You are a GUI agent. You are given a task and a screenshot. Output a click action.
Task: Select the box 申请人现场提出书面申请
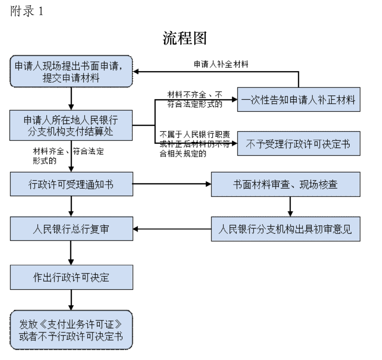[71, 72]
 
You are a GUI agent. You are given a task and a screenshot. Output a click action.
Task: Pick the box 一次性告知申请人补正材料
[299, 99]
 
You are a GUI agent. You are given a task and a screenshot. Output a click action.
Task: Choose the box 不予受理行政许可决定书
[299, 143]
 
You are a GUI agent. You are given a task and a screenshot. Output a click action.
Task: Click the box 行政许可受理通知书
[71, 184]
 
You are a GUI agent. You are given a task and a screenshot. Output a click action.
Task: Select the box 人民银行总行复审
[71, 229]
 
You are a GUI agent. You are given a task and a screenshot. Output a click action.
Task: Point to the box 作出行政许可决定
[71, 277]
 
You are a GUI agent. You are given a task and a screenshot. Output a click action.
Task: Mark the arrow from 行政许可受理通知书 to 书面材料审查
[172, 184]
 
